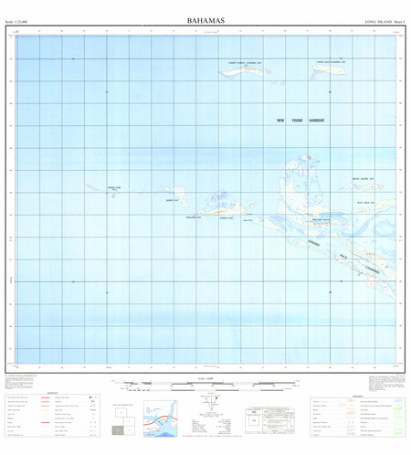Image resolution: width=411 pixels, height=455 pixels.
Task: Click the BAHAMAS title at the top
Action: (206, 18)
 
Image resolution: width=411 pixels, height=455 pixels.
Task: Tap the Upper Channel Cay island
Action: (330, 67)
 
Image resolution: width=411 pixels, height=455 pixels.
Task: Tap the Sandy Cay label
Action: (171, 200)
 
